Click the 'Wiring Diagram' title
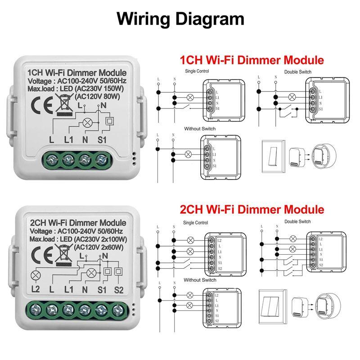click(180, 18)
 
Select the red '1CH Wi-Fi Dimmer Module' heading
click(252, 60)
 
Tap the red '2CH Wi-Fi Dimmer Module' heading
click(252, 209)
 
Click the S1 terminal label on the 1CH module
click(102, 139)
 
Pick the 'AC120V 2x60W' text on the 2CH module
click(101, 247)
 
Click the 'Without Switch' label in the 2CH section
click(194, 280)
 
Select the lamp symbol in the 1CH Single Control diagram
click(189, 97)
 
